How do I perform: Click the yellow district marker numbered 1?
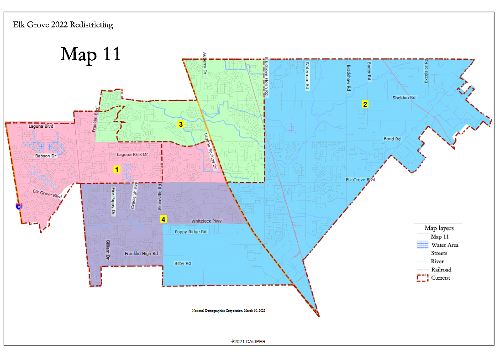click(117, 169)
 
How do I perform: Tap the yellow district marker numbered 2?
click(365, 104)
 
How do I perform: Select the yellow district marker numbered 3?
click(181, 124)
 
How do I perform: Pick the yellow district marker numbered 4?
click(163, 219)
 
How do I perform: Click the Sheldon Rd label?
click(404, 98)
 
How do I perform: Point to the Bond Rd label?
click(392, 139)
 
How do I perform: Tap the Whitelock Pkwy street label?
click(206, 221)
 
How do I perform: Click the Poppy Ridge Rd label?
click(190, 232)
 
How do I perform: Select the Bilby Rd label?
click(183, 263)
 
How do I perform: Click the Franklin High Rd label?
click(141, 253)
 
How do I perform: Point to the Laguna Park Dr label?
click(132, 155)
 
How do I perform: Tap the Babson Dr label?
click(45, 156)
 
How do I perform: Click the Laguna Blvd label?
click(41, 126)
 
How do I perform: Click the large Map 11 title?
click(90, 53)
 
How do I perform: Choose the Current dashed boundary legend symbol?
click(422, 278)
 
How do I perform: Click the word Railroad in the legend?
click(441, 270)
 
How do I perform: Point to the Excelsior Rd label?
click(426, 71)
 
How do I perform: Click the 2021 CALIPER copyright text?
click(248, 341)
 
